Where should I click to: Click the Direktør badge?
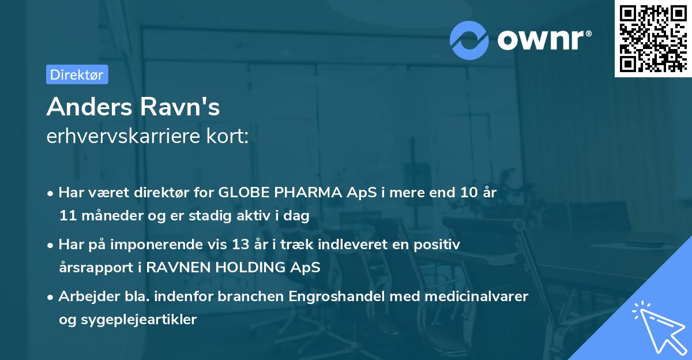[77, 74]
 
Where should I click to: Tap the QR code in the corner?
[652, 38]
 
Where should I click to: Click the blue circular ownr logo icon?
[469, 39]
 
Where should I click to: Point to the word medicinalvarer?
[468, 297]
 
